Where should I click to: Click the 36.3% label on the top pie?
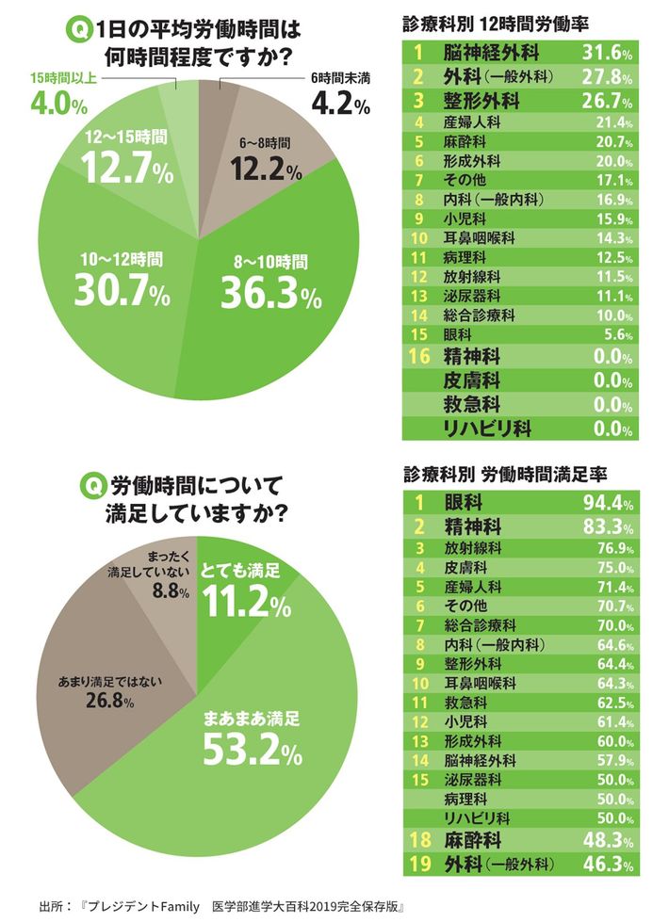(270, 294)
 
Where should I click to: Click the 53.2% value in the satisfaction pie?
(251, 750)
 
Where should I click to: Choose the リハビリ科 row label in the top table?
(487, 429)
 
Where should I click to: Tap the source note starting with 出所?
(221, 908)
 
